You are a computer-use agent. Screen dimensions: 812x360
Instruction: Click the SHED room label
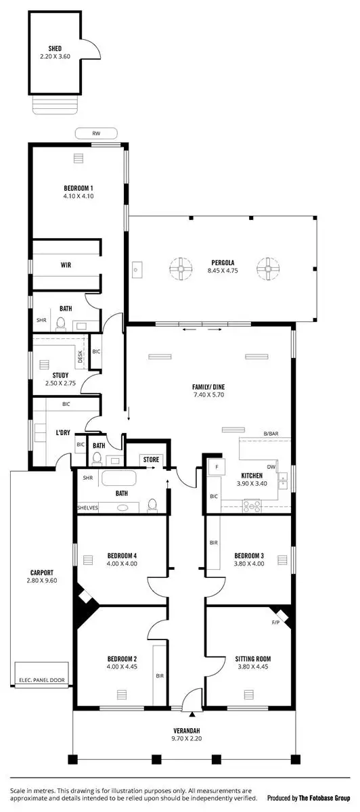point(55,49)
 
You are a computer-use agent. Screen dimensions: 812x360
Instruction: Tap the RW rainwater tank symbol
point(96,133)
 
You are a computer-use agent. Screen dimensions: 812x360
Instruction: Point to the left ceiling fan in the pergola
point(181,269)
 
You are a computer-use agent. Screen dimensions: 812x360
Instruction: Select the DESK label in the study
point(80,359)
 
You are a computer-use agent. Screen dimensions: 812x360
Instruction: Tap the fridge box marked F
point(217,467)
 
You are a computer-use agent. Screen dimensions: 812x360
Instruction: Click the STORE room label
point(151,459)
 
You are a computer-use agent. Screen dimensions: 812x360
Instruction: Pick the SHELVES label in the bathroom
point(87,507)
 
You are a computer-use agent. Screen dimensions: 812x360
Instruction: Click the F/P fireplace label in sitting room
point(275,622)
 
